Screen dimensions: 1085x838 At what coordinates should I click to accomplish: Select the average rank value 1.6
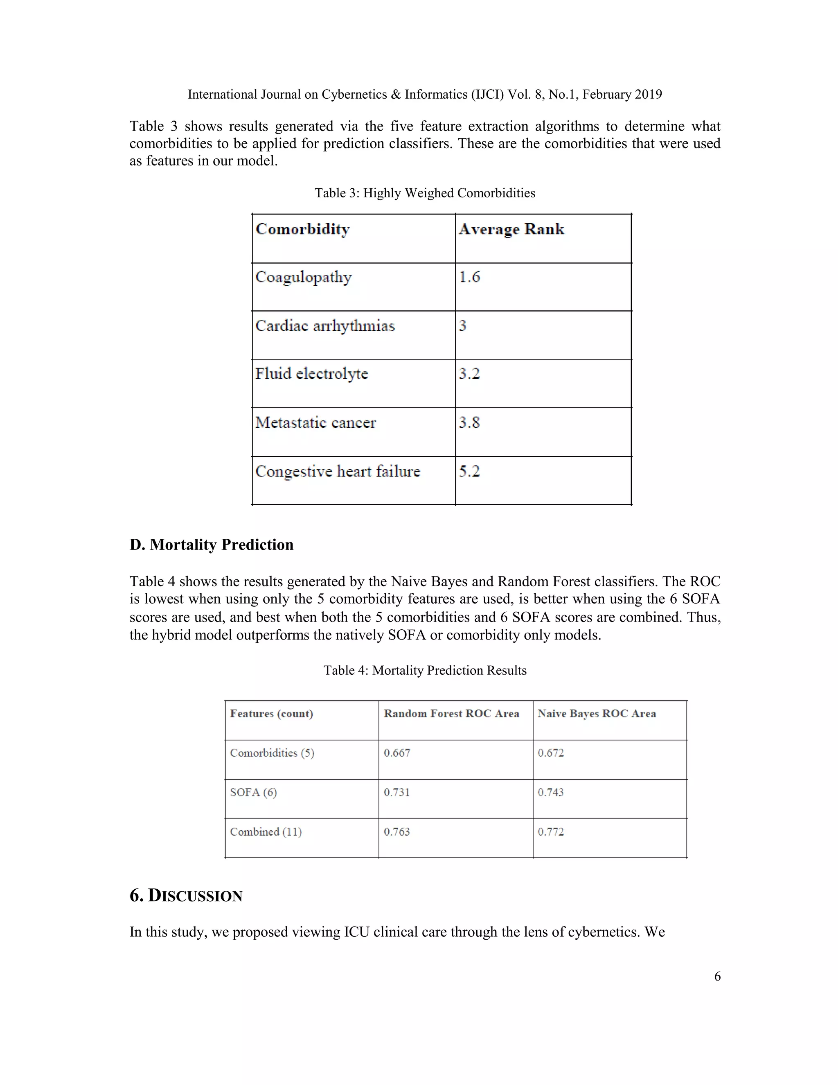tap(469, 277)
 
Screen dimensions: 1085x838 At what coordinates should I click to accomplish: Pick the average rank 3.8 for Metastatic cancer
tap(469, 423)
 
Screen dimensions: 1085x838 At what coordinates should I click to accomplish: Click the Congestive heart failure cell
tap(338, 471)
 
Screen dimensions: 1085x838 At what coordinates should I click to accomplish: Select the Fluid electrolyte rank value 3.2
tap(469, 374)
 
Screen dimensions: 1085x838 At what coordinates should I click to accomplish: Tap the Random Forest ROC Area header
tap(451, 714)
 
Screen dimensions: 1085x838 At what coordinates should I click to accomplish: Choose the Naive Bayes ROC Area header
tap(597, 714)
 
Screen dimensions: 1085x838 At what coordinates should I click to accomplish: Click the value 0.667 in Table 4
tap(397, 753)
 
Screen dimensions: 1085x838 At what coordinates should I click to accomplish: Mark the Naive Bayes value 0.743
tap(551, 792)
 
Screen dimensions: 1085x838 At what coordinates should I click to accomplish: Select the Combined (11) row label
tap(266, 832)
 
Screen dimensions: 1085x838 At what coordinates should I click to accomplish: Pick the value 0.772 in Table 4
tap(551, 832)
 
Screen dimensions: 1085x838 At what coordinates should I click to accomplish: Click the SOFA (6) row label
tap(253, 792)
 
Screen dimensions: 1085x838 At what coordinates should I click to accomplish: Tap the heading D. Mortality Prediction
tap(212, 545)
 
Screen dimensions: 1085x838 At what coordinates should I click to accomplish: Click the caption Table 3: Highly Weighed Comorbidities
tap(425, 193)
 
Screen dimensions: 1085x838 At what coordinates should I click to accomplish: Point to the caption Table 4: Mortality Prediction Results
tap(425, 671)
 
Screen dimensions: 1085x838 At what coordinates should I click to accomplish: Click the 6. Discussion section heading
tap(186, 896)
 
